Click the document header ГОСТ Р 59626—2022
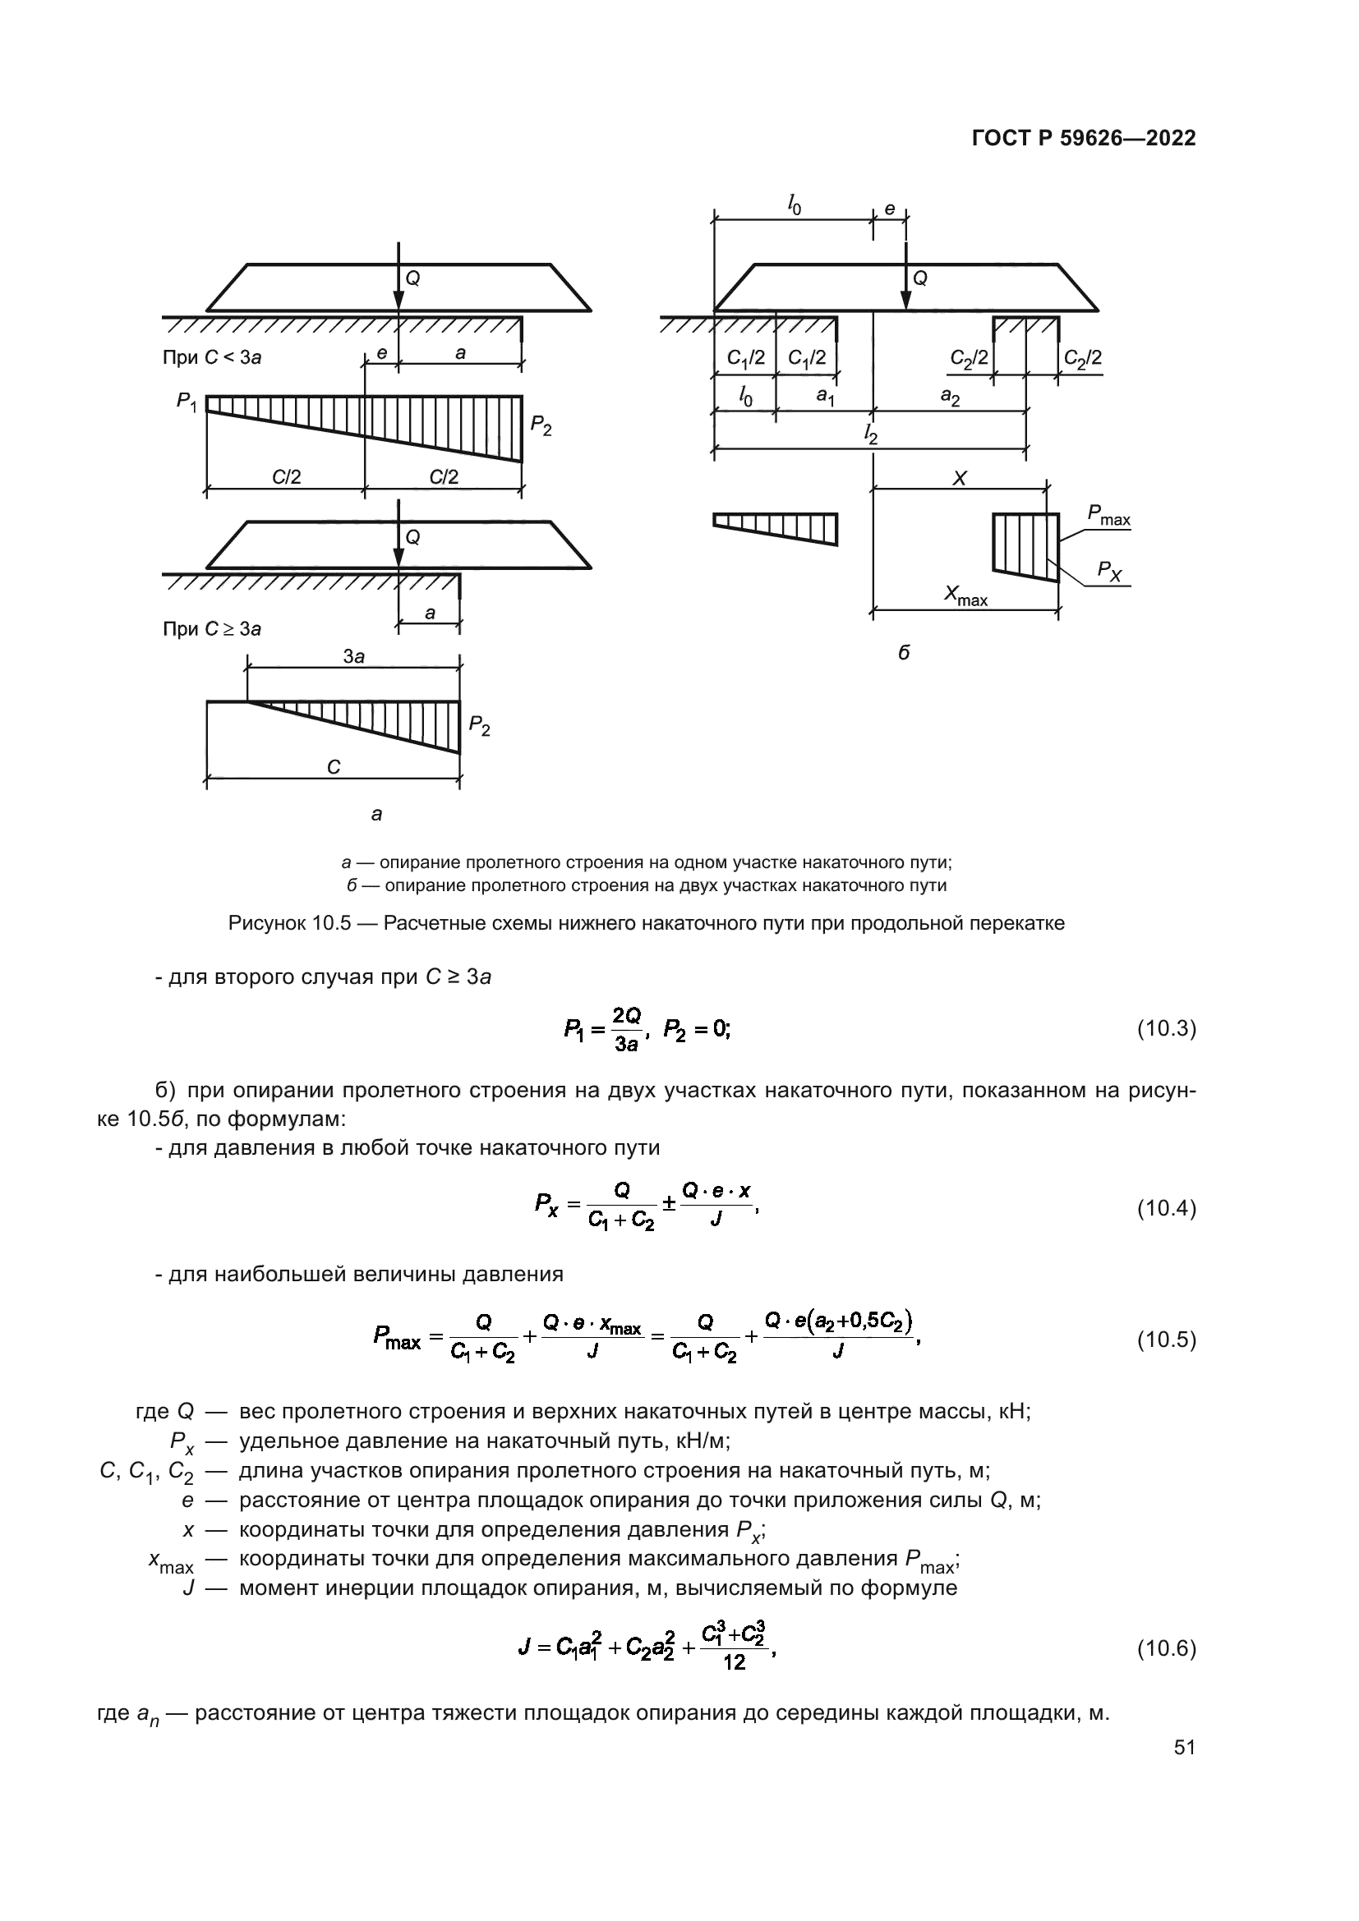pyautogui.click(x=1084, y=138)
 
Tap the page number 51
pyautogui.click(x=1184, y=1748)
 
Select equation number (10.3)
pyautogui.click(x=1166, y=1029)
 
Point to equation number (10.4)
pyautogui.click(x=1166, y=1208)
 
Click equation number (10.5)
pyautogui.click(x=1166, y=1340)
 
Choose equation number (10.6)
pyautogui.click(x=1166, y=1649)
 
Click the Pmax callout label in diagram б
pyautogui.click(x=1108, y=516)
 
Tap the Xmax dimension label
pyautogui.click(x=965, y=595)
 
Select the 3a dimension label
pyautogui.click(x=354, y=657)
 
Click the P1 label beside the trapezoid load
pyautogui.click(x=187, y=402)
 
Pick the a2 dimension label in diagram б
pyautogui.click(x=950, y=397)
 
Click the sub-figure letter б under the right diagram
pyautogui.click(x=904, y=653)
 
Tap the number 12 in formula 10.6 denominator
pyautogui.click(x=734, y=1662)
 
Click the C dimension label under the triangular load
pyautogui.click(x=333, y=766)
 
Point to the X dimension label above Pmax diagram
pyautogui.click(x=960, y=479)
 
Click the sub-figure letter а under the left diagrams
pyautogui.click(x=376, y=813)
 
